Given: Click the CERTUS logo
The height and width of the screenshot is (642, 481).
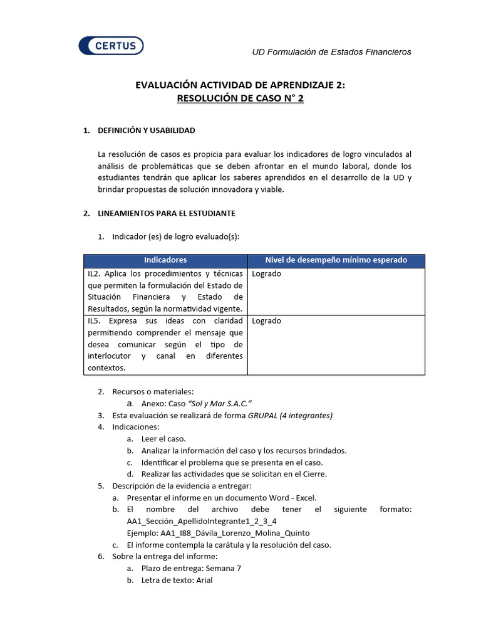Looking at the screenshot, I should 111,45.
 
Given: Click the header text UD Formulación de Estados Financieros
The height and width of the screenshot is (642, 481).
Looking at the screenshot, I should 331,52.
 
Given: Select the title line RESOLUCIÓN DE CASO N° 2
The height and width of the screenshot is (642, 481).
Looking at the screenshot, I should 240,98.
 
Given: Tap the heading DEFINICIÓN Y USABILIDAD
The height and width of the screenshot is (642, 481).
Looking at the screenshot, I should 147,130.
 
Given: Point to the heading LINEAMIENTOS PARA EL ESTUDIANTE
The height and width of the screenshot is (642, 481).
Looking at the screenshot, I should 167,213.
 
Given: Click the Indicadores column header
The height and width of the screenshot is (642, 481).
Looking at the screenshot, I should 165,260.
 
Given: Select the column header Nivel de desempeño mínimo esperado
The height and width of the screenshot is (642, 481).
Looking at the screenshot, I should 336,260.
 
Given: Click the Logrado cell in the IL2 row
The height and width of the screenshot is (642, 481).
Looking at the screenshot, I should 266,274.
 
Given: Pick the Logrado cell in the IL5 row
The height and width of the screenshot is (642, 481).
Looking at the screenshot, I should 266,321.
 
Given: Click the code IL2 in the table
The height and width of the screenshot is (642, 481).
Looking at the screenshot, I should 93,274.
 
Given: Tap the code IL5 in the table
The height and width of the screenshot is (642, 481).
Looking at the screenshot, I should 93,321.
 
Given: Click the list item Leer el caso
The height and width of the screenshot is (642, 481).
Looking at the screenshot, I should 163,439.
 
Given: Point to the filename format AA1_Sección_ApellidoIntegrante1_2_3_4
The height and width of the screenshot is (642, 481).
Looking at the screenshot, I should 202,521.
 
